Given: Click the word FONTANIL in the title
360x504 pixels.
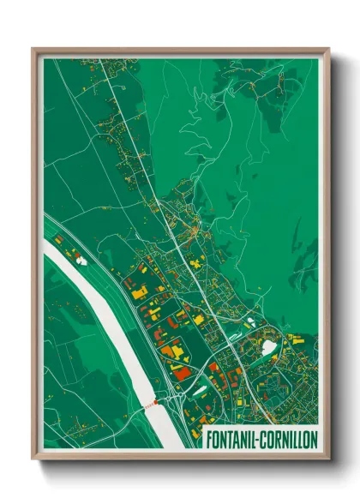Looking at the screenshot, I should tap(232, 438).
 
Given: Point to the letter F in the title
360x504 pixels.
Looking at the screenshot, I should tap(208, 438).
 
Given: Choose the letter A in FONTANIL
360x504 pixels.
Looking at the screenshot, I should tap(236, 438).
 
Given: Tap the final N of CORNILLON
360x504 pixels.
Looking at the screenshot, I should tap(314, 438).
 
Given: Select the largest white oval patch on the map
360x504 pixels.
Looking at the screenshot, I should tap(268, 347).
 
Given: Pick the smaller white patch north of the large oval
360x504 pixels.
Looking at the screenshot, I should tap(250, 323).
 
